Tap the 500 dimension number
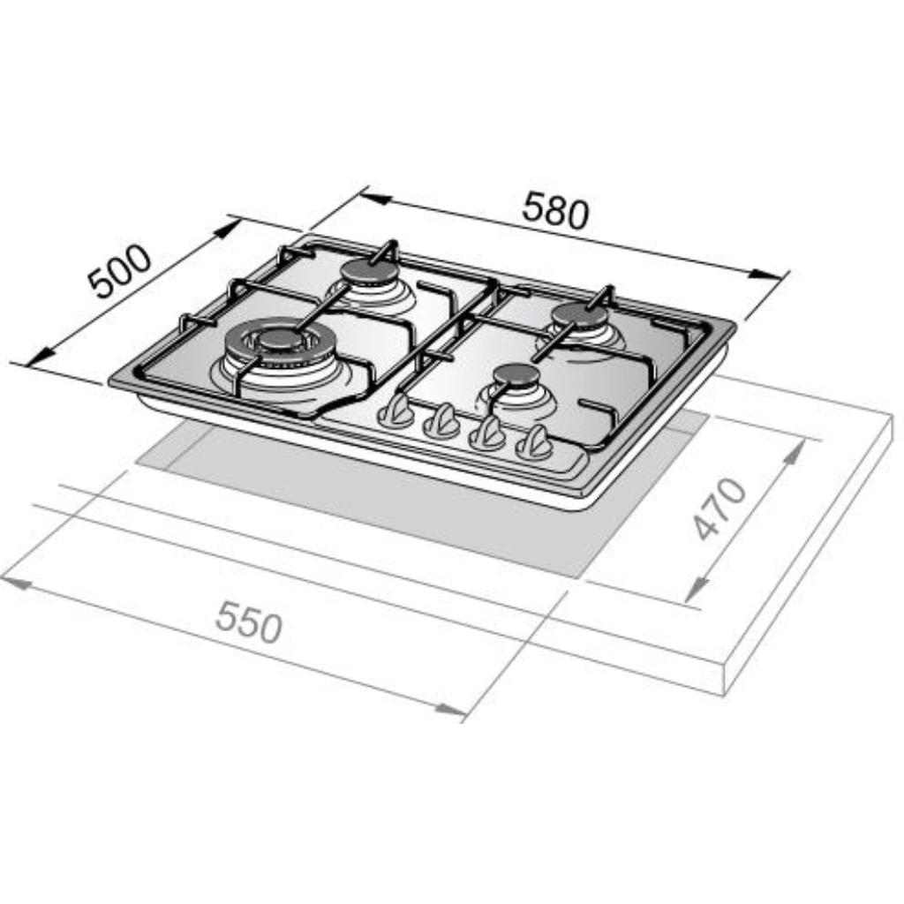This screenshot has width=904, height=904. (x=119, y=271)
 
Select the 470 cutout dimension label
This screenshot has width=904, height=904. (x=719, y=508)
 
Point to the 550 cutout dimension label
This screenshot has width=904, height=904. (x=249, y=621)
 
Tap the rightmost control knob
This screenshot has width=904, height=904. (x=534, y=443)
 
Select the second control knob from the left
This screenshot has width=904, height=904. (x=442, y=421)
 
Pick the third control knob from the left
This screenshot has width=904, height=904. (x=487, y=433)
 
